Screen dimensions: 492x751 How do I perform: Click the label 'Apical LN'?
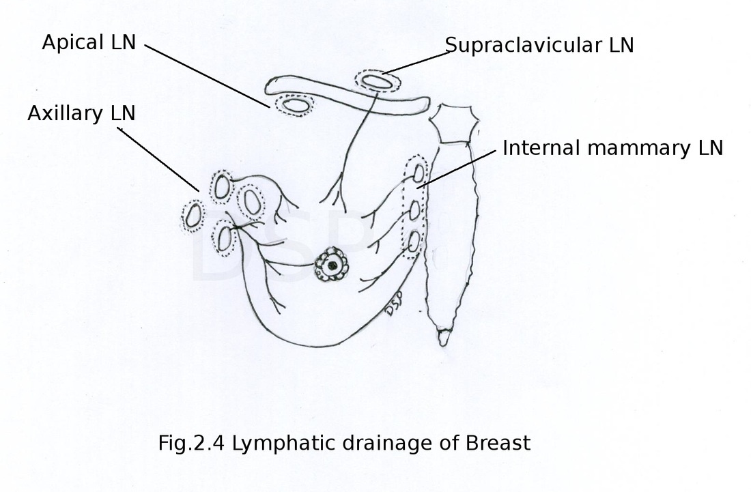coord(89,42)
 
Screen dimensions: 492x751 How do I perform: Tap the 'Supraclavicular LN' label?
coord(539,46)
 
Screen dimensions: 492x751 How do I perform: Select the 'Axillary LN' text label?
coord(81,113)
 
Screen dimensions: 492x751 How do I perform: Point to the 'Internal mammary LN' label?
coord(612,148)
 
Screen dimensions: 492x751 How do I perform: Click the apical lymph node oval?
coord(295,105)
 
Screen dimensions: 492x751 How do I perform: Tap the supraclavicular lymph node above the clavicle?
coord(377,82)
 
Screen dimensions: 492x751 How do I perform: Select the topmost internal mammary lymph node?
coord(419,174)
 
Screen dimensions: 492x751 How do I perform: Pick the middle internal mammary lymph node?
coord(415,210)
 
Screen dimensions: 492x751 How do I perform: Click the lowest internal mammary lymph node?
coord(414,242)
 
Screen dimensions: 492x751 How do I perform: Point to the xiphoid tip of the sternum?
coord(444,338)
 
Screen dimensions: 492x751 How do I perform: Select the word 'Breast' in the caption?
coord(498,443)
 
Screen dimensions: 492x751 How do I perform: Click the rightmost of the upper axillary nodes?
coord(253,202)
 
